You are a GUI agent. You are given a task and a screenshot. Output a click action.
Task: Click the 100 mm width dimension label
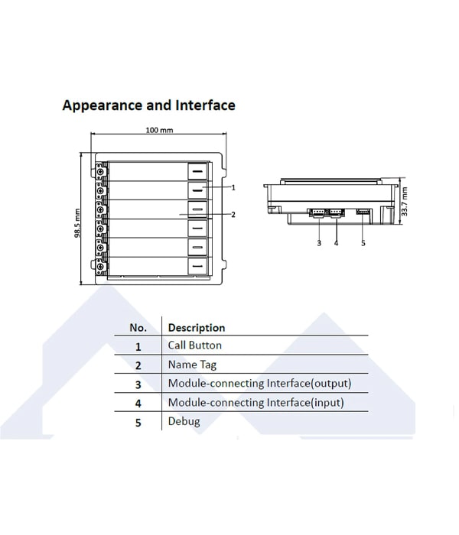pyautogui.click(x=159, y=130)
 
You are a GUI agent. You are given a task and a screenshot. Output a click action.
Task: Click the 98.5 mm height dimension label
pyautogui.click(x=77, y=223)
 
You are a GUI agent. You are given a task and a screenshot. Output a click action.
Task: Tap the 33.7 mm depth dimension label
pyautogui.click(x=405, y=201)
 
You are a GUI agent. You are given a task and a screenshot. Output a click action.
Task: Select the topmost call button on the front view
pyautogui.click(x=197, y=171)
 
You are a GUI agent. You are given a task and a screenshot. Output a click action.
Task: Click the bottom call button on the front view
pyautogui.click(x=197, y=266)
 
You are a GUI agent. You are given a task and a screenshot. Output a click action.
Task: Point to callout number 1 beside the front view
pyautogui.click(x=233, y=187)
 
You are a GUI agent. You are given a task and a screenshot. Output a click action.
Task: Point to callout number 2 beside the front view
pyautogui.click(x=233, y=215)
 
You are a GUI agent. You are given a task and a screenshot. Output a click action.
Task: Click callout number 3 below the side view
pyautogui.click(x=319, y=243)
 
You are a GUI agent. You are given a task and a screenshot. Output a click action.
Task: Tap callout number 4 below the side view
pyautogui.click(x=336, y=243)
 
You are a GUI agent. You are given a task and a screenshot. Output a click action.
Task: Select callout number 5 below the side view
pyautogui.click(x=363, y=243)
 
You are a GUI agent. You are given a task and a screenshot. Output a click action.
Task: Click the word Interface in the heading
pyautogui.click(x=205, y=105)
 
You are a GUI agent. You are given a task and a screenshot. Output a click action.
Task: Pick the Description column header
pyautogui.click(x=197, y=328)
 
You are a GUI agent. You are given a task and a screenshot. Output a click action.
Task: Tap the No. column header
pyautogui.click(x=138, y=328)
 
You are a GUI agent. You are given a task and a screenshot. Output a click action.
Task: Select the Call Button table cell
pyautogui.click(x=194, y=345)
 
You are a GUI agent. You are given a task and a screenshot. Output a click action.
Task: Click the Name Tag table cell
pyautogui.click(x=192, y=365)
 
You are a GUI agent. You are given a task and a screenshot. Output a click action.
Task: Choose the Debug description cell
pyautogui.click(x=184, y=421)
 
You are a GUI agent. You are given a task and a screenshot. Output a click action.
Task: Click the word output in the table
pyautogui.click(x=330, y=384)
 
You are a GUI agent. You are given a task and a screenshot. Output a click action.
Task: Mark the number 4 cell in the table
pyautogui.click(x=138, y=404)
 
